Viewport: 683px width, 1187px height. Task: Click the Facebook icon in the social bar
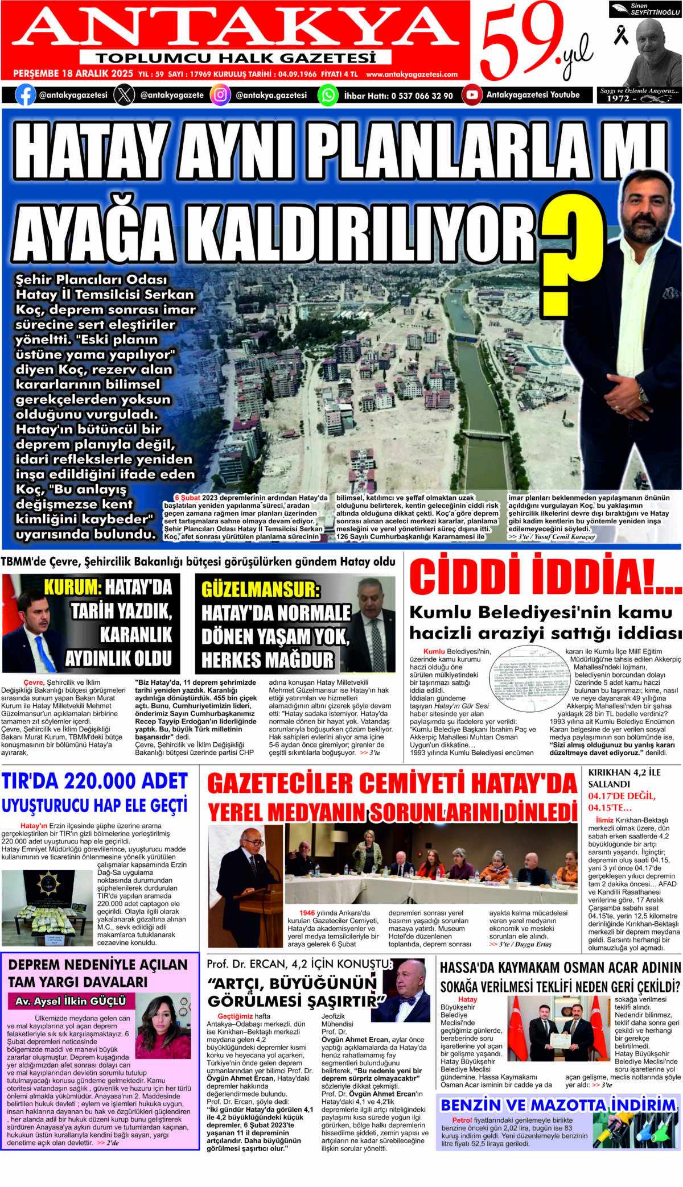(x=25, y=95)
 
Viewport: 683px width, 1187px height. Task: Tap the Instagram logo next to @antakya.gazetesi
(x=220, y=95)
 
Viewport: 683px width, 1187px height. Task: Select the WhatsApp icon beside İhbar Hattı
(x=328, y=95)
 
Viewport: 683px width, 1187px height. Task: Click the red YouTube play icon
(x=471, y=95)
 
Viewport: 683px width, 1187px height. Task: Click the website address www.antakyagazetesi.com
(x=412, y=75)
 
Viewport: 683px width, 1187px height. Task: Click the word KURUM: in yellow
(x=72, y=587)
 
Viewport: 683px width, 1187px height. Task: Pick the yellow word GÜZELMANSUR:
(x=261, y=589)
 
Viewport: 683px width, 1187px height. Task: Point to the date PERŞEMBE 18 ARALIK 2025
(x=73, y=74)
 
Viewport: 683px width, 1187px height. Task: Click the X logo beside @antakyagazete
(x=124, y=95)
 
